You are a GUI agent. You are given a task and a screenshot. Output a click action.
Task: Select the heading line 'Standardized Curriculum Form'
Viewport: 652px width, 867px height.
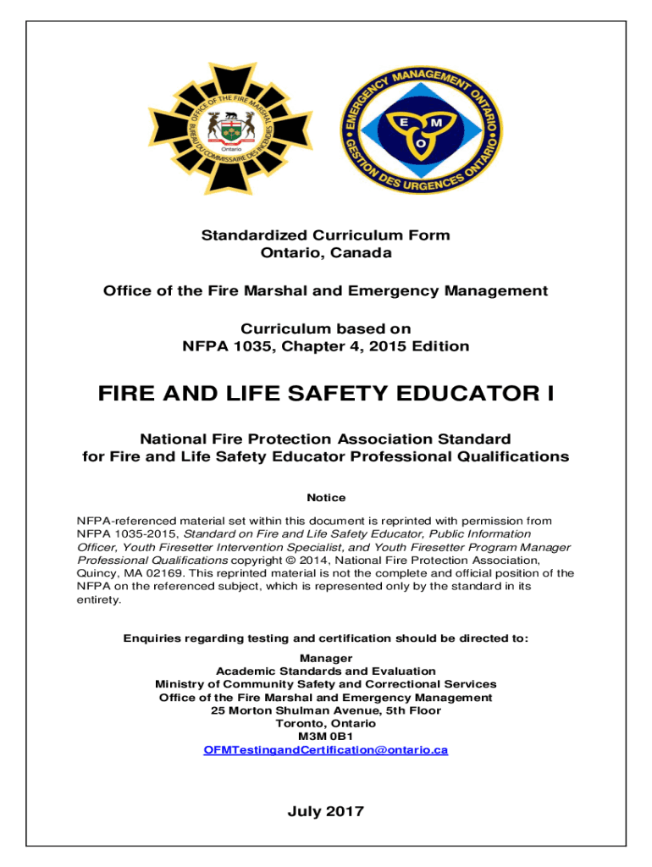coord(325,235)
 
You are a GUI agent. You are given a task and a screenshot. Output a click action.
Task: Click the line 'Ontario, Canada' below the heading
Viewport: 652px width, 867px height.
coord(325,252)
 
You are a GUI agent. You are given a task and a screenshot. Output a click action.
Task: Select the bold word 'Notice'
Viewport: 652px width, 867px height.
coord(326,498)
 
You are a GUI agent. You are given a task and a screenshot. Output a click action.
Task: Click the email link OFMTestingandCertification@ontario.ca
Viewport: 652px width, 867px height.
coord(326,750)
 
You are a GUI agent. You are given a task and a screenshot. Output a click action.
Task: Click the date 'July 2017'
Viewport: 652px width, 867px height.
coord(326,812)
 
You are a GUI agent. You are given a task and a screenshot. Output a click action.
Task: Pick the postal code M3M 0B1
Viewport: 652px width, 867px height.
coord(326,737)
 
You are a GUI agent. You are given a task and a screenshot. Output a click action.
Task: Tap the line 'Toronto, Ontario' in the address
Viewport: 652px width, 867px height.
coord(326,724)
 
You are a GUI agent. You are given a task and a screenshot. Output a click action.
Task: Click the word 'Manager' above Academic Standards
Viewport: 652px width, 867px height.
coord(326,658)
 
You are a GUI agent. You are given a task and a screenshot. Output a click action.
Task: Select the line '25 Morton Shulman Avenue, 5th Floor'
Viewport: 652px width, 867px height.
coord(326,710)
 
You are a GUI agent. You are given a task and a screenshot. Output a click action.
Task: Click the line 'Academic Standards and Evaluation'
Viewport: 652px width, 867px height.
coord(326,671)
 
